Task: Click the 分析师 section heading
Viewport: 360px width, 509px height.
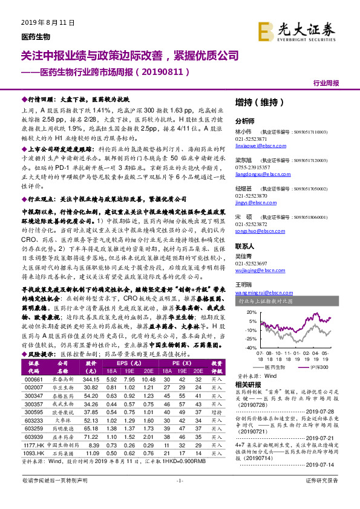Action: [x=245, y=120]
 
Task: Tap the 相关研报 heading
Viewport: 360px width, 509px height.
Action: [x=247, y=384]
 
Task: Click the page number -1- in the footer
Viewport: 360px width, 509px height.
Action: [x=179, y=497]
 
